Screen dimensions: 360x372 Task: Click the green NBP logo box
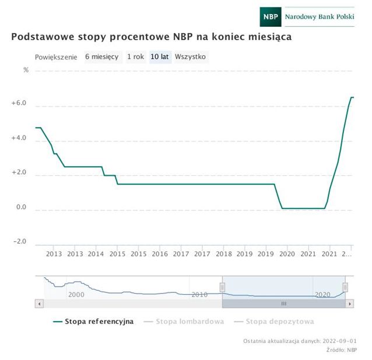click(271, 17)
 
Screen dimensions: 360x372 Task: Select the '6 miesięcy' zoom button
click(101, 57)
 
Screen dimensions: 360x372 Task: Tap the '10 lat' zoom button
click(159, 57)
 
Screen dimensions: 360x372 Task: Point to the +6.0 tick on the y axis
click(19, 103)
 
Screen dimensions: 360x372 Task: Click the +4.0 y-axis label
click(19, 138)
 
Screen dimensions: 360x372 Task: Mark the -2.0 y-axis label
click(19, 242)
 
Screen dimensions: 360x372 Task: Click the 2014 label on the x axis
click(96, 255)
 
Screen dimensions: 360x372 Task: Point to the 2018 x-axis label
click(223, 255)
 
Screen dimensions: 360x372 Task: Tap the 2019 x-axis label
click(245, 255)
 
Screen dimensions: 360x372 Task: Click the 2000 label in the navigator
click(76, 295)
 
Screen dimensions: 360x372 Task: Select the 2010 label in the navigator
click(199, 295)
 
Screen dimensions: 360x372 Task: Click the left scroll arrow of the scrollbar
click(39, 303)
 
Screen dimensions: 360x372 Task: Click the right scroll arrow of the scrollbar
click(350, 303)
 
